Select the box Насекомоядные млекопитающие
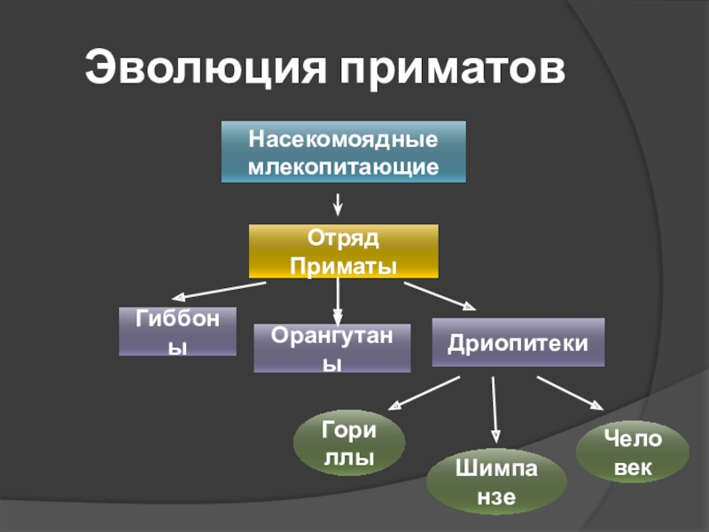pyautogui.click(x=343, y=153)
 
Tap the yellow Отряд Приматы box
pyautogui.click(x=343, y=252)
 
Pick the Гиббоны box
pyautogui.click(x=178, y=331)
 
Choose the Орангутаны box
pyautogui.click(x=331, y=348)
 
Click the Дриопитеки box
pyautogui.click(x=518, y=342)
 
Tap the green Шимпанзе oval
pyautogui.click(x=495, y=482)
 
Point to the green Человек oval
pyautogui.click(x=632, y=452)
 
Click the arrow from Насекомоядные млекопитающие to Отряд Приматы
pyautogui.click(x=338, y=204)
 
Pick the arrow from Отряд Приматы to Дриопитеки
pyautogui.click(x=440, y=296)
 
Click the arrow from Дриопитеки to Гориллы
pyautogui.click(x=425, y=393)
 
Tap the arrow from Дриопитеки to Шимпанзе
pyautogui.click(x=495, y=410)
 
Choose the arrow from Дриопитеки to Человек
pyautogui.click(x=569, y=392)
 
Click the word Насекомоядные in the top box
pyautogui.click(x=343, y=141)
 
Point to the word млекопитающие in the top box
pyautogui.click(x=343, y=166)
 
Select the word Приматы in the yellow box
pyautogui.click(x=343, y=265)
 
